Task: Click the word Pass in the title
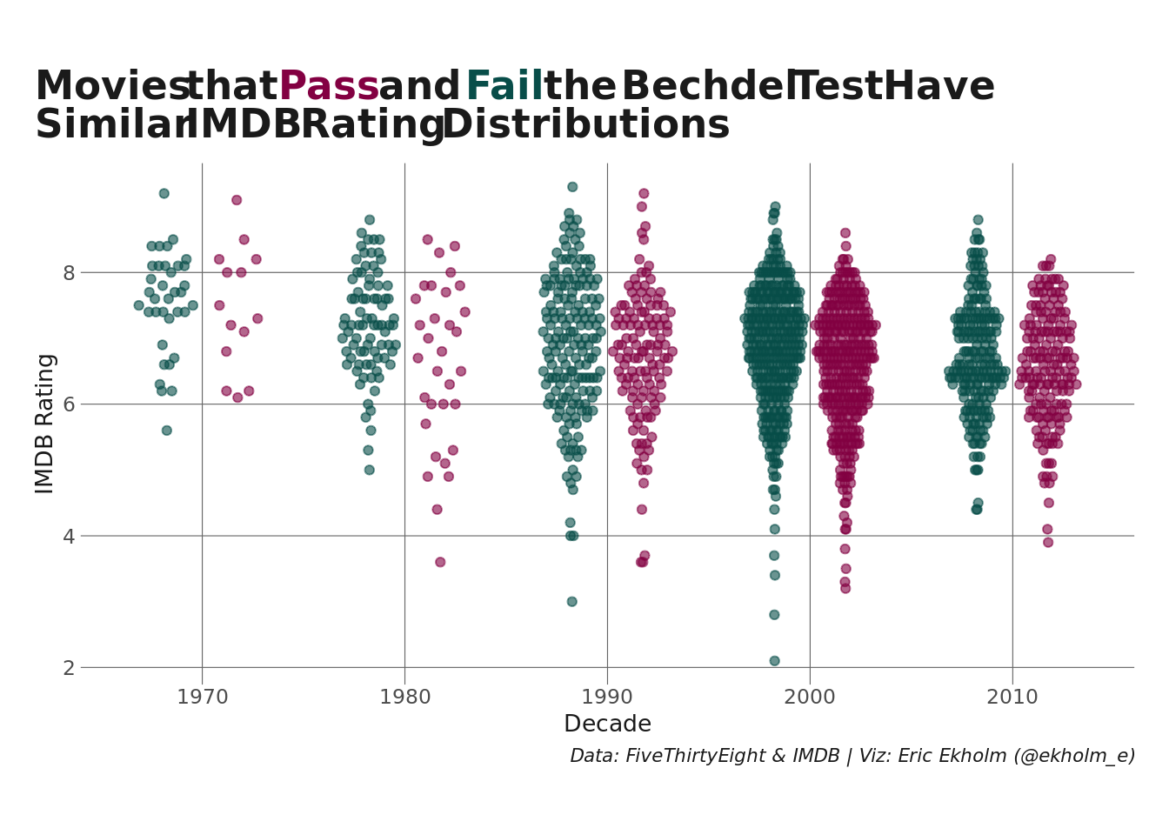[x=329, y=87]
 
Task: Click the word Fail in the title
[x=504, y=87]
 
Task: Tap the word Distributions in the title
[x=585, y=125]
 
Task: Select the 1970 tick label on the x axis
[x=202, y=697]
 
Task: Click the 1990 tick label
[x=607, y=697]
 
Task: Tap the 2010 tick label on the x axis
[x=1012, y=697]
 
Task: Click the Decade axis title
[x=607, y=725]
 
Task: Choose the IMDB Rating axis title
[x=45, y=424]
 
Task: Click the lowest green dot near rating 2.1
[x=774, y=661]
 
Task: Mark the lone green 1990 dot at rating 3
[x=572, y=602]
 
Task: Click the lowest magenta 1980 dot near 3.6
[x=440, y=562]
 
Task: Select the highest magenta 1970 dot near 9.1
[x=237, y=200]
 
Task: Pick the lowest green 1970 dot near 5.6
[x=167, y=431]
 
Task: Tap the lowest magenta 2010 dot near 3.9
[x=1048, y=543]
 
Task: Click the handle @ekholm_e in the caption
[x=1074, y=757]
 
